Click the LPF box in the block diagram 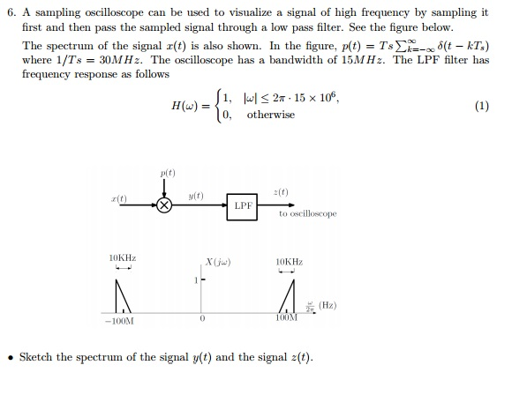click(x=242, y=207)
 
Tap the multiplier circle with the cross click(x=164, y=205)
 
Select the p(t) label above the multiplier click(x=168, y=173)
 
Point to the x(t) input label click(x=119, y=198)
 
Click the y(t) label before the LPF click(x=196, y=196)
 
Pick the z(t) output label click(x=281, y=192)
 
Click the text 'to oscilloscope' click(x=307, y=213)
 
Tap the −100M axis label click(x=119, y=321)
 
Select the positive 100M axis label click(x=286, y=317)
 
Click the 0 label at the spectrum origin click(x=202, y=318)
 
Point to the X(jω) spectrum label click(x=218, y=262)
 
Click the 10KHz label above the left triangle click(x=123, y=258)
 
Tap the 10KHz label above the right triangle click(x=290, y=262)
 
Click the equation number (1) click(x=482, y=106)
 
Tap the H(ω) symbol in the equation click(x=184, y=106)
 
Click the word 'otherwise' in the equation click(x=271, y=115)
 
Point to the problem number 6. click(x=11, y=12)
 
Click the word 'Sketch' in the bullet click(x=35, y=357)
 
